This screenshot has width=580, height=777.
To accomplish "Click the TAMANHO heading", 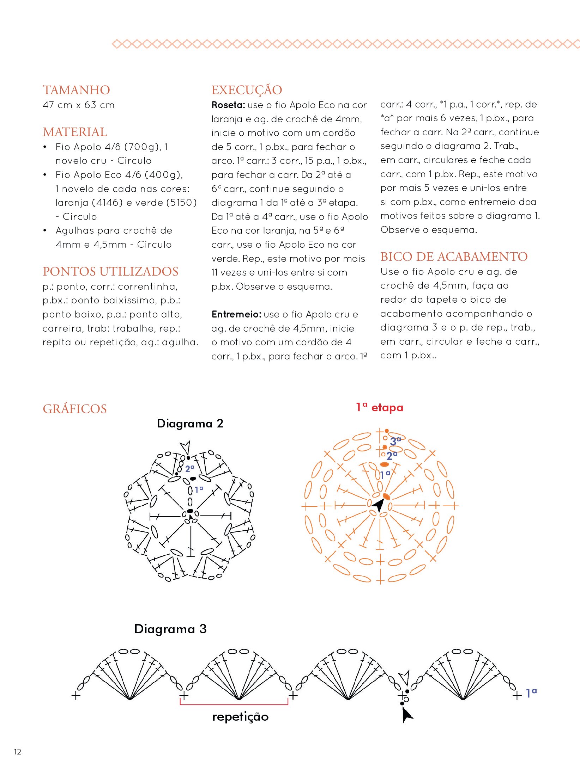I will pos(76,90).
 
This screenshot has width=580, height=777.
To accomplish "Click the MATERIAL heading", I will pos(75,132).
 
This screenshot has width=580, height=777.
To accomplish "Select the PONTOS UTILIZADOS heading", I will pos(110,271).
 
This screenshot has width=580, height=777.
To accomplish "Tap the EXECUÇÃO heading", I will pos(247,90).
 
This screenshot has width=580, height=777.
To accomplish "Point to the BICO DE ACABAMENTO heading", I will pos(454,257).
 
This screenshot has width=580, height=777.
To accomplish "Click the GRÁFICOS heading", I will pos(74,409).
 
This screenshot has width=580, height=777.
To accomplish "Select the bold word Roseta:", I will pos(228,105).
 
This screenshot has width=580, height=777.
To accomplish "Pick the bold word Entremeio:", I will pos(236,314).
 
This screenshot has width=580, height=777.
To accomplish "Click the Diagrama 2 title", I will pos(190,423).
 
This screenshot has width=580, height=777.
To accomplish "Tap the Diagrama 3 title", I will pos(170,629).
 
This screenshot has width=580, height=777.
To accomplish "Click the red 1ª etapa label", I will pos(379,407).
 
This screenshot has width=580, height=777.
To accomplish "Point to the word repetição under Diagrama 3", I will pos(240,717).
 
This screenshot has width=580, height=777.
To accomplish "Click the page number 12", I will pos(18,752).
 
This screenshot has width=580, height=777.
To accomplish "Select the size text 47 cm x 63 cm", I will pos(78,105).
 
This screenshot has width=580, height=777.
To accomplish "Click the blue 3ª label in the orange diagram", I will pos(395,441).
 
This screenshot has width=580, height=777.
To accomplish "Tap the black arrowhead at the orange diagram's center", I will pos(378,505).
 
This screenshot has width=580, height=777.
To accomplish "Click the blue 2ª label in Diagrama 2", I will pos(189,469).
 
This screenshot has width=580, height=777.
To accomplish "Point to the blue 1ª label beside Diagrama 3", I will pos(531,693).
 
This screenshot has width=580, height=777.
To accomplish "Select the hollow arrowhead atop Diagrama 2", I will pos(186,447).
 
